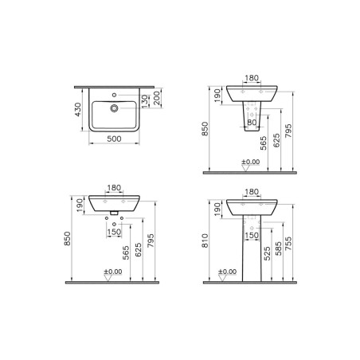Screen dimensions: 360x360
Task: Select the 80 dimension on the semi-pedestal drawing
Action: pyautogui.click(x=252, y=123)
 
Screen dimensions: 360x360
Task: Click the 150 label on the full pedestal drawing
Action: pyautogui.click(x=252, y=236)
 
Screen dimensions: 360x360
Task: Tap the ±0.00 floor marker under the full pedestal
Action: pyautogui.click(x=227, y=273)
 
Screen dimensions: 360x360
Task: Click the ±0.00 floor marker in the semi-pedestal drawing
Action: pyautogui.click(x=250, y=163)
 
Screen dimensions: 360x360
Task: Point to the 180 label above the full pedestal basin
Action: pyautogui.click(x=252, y=193)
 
